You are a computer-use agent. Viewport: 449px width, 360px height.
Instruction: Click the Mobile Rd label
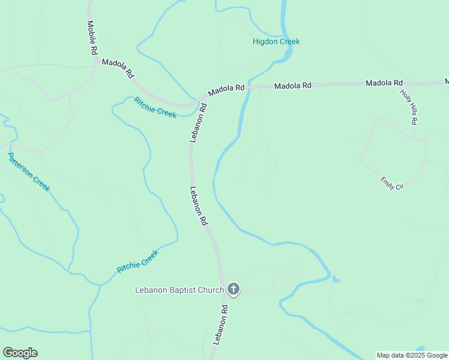coord(92,38)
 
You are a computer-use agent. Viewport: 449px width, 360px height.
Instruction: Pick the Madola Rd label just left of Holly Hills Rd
coord(384,83)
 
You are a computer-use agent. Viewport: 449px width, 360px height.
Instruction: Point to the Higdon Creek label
coord(276,41)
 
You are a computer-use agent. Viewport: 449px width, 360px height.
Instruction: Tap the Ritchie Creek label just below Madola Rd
coord(155,107)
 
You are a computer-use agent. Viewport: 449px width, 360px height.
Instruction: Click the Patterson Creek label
coord(28,172)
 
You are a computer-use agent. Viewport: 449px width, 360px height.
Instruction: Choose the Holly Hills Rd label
coord(409,106)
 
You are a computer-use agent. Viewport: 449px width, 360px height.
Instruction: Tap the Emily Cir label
coord(392,183)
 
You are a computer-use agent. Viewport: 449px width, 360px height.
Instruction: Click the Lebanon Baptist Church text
coord(179,290)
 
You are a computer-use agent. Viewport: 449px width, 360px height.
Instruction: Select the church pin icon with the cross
coord(234,290)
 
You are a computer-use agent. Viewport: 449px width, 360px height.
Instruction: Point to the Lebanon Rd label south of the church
coord(220,324)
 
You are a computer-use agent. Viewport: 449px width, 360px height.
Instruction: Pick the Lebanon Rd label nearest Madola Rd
coord(199,122)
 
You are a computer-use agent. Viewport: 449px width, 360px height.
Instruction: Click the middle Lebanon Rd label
coord(199,206)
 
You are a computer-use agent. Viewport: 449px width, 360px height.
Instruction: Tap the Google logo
coord(20,353)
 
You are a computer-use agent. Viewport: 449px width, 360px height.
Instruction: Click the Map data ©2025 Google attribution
coord(412,356)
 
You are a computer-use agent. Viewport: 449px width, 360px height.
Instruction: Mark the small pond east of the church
coord(335,279)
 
